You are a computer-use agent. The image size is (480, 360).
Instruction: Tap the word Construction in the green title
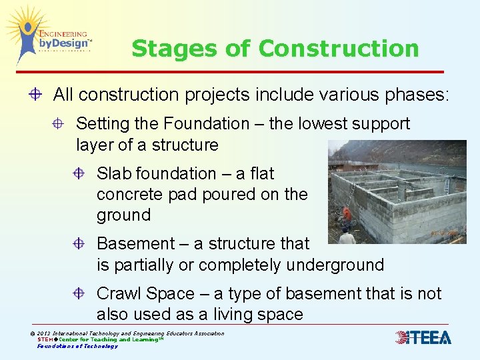point(338,49)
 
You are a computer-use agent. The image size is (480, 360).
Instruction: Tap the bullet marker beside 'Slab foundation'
point(79,174)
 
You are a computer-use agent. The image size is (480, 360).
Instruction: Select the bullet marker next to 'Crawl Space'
point(79,294)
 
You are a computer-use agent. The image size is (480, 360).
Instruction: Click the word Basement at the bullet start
point(131,244)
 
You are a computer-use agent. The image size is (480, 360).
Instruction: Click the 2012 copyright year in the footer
point(45,333)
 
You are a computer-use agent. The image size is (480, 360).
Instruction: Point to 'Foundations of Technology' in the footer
point(77,346)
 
